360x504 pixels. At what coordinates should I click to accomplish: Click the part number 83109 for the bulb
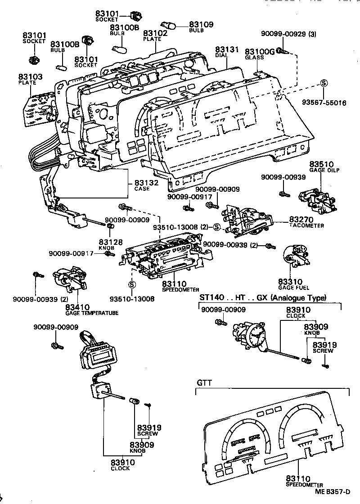point(201,25)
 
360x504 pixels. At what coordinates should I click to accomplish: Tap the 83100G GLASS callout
point(260,54)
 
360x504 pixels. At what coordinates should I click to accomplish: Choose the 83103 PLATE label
point(30,80)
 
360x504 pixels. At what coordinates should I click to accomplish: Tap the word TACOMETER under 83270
point(306,225)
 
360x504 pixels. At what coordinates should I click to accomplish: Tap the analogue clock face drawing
point(257,335)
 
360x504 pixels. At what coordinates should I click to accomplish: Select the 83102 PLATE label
point(155,36)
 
